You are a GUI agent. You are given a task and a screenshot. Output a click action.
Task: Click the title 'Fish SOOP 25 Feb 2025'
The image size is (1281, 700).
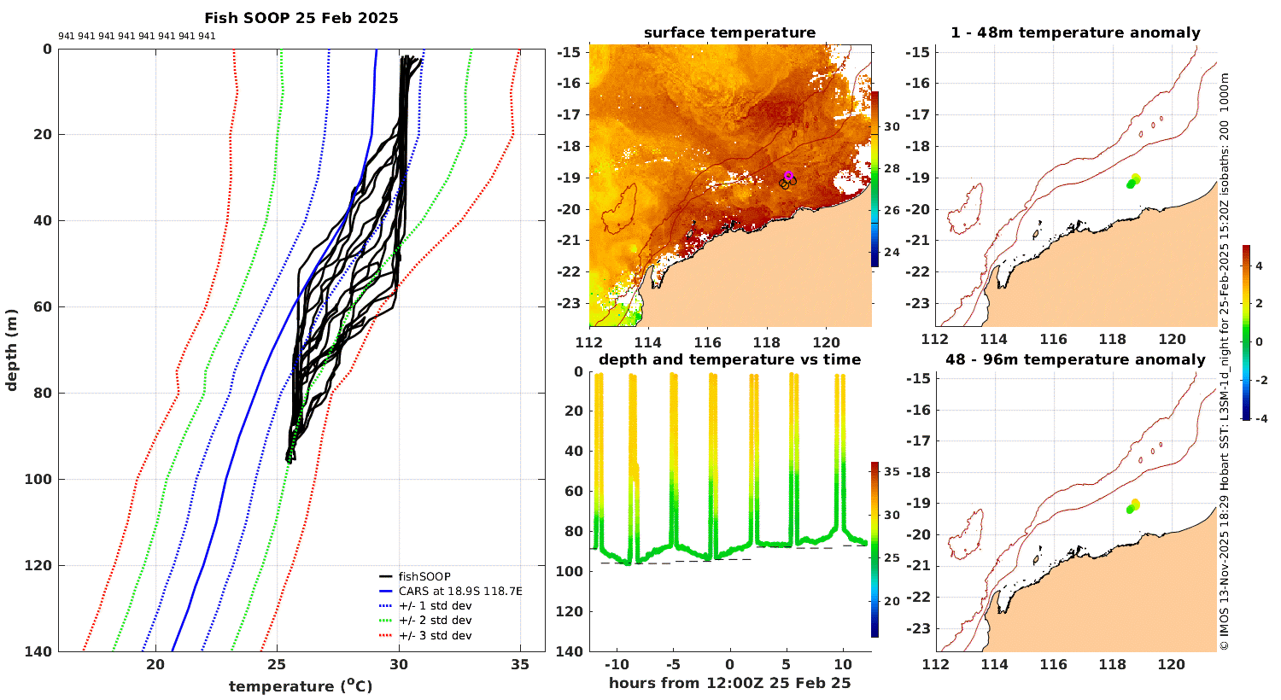pyautogui.click(x=301, y=18)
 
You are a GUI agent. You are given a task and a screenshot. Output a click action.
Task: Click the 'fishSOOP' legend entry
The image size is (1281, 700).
pyautogui.click(x=424, y=576)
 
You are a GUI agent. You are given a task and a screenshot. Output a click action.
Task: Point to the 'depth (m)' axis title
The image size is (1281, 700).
pyautogui.click(x=11, y=350)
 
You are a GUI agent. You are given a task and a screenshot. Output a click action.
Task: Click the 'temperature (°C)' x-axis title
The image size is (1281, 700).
pyautogui.click(x=301, y=686)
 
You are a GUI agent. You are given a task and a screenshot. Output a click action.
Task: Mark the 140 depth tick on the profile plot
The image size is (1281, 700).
pyautogui.click(x=40, y=651)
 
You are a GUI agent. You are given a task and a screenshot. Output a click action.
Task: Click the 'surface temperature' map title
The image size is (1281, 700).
pyautogui.click(x=729, y=33)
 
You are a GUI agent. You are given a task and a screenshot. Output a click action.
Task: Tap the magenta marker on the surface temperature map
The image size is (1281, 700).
pyautogui.click(x=788, y=174)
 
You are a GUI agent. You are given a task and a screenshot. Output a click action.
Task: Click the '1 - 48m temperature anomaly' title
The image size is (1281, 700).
pyautogui.click(x=1075, y=33)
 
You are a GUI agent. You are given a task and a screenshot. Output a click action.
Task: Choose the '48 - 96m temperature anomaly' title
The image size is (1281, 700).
pyautogui.click(x=1075, y=359)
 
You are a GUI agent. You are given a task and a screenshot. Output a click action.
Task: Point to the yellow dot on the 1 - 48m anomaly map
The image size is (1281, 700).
pyautogui.click(x=1136, y=178)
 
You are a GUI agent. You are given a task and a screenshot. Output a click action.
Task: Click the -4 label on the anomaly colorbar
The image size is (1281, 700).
pyautogui.click(x=1261, y=418)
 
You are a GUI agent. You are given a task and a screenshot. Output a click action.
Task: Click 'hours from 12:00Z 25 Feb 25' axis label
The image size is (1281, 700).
pyautogui.click(x=729, y=683)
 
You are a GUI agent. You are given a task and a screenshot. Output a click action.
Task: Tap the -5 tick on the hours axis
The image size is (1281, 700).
pyautogui.click(x=672, y=665)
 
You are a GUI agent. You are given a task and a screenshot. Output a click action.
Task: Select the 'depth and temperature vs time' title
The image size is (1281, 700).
pyautogui.click(x=729, y=359)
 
